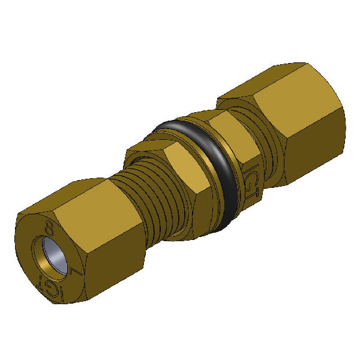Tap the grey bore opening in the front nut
(x=52, y=254)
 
